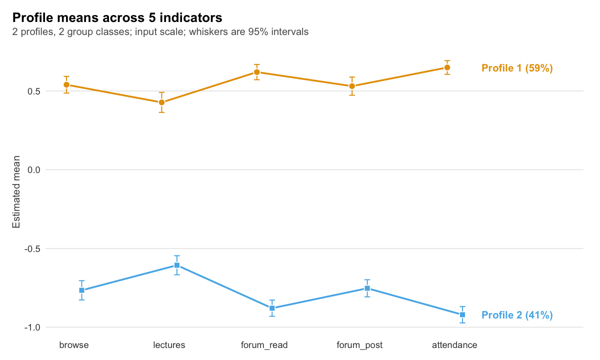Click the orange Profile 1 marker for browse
point(66,85)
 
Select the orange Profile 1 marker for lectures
point(161,102)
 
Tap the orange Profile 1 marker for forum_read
point(257,72)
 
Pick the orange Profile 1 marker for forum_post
point(352,86)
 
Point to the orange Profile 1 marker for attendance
point(447,67)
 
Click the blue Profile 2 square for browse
point(82,290)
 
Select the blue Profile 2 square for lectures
point(177,265)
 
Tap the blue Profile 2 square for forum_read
point(272,308)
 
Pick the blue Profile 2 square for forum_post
point(367,288)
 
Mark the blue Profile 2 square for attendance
point(462,314)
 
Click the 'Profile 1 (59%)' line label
point(517,68)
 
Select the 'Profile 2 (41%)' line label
point(517,315)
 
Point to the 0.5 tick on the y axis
point(34,91)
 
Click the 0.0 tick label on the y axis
point(34,170)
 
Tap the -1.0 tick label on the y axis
point(32,327)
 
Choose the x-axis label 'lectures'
point(169,345)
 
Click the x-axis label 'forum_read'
point(264,345)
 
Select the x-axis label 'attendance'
point(454,345)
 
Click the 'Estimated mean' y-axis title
point(16,192)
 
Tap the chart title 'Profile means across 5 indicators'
point(117,17)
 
